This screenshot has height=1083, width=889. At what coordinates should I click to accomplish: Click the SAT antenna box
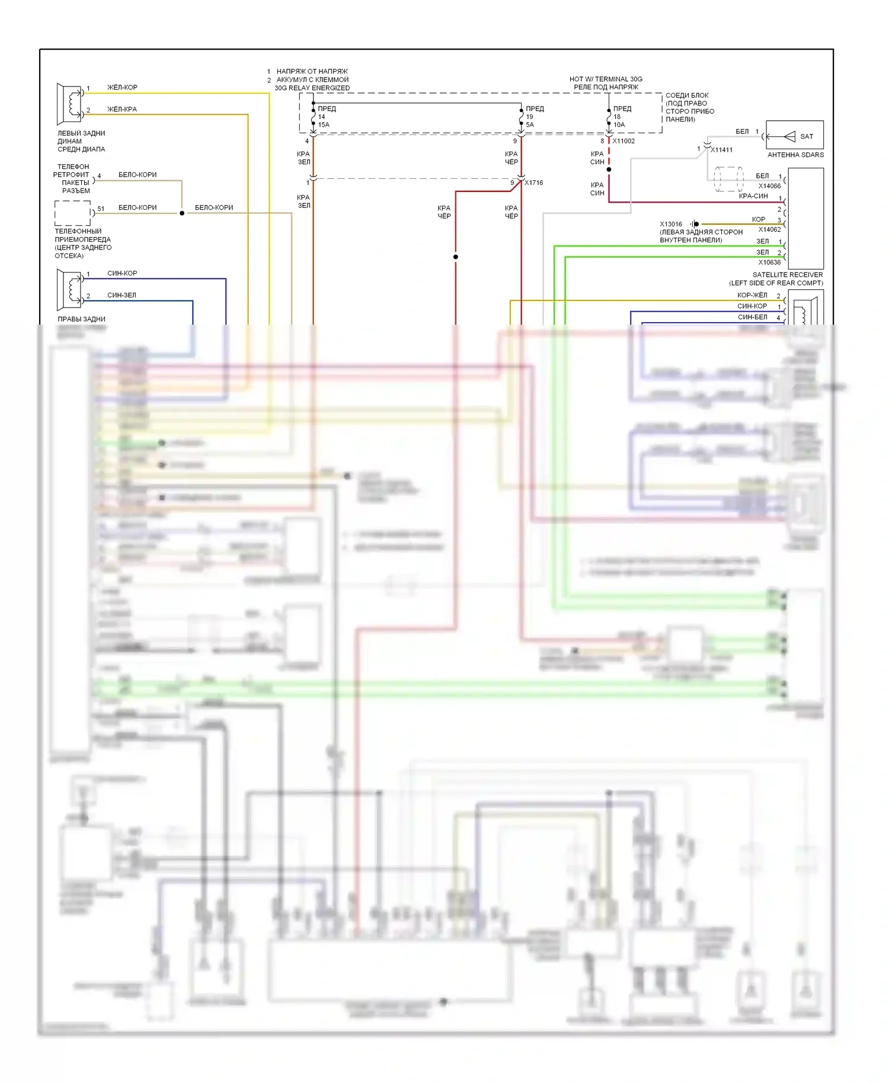pos(794,135)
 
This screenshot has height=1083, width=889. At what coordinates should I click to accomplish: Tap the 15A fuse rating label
pos(324,125)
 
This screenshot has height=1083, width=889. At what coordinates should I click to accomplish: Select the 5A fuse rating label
pos(530,125)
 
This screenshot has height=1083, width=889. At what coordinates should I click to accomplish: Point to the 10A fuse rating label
pos(619,125)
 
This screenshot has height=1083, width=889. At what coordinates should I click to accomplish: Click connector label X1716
pos(533,182)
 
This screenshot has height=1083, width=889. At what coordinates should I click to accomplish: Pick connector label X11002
pos(623,141)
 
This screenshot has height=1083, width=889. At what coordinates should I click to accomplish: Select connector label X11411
pos(721,150)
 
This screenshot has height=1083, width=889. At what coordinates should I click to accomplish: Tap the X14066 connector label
pos(769,186)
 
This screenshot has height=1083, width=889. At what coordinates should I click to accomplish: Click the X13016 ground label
pos(671,224)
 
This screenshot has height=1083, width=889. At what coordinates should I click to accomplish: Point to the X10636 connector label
pos(769,262)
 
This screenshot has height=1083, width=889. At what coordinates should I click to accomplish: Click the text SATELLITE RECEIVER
pos(787,275)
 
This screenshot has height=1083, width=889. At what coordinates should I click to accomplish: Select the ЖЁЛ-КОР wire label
pos(122,88)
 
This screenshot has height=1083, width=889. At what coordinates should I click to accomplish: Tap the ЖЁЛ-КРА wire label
pos(122,110)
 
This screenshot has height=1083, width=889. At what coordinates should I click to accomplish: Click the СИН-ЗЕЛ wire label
pos(121,295)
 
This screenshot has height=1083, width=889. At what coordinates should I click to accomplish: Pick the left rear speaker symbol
pos(69,104)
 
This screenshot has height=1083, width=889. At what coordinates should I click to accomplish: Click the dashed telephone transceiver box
pos(72,213)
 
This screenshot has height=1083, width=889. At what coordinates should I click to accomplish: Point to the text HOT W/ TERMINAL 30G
pos(606,79)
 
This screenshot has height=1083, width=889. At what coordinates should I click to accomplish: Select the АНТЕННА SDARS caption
pos(795,155)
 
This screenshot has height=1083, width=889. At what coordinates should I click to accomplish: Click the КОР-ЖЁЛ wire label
pos(752,295)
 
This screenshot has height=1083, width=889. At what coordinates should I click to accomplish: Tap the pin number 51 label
pos(101,209)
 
